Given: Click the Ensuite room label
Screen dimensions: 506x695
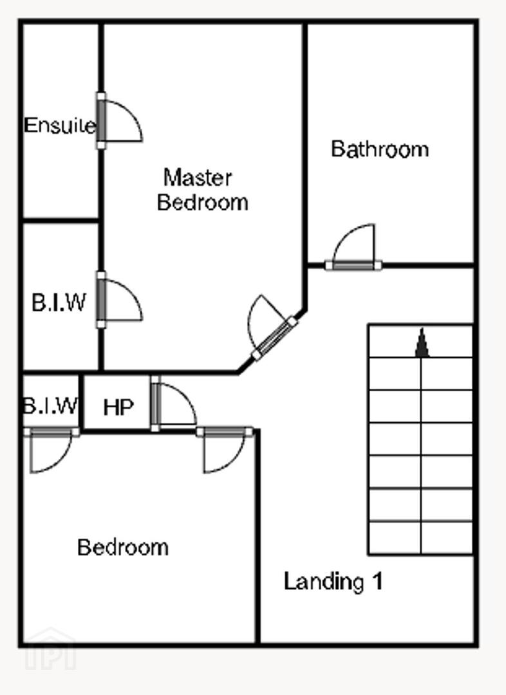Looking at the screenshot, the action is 60,125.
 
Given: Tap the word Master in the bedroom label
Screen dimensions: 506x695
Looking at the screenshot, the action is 198,178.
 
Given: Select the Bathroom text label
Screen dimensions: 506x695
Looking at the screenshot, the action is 380,149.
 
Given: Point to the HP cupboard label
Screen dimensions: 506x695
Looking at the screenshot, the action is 118,407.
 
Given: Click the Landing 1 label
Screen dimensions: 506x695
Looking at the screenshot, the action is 333,581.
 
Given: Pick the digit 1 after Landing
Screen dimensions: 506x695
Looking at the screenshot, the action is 377,580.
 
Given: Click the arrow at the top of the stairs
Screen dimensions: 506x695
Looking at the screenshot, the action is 422,342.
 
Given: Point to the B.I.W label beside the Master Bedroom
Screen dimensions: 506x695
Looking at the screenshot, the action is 59,302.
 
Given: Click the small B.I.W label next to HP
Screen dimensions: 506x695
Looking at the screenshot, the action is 51,405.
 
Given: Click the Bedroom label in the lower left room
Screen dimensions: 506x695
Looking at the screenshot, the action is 123,548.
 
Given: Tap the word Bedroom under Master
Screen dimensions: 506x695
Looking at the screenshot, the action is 203,202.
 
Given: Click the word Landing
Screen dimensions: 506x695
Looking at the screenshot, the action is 324,582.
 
